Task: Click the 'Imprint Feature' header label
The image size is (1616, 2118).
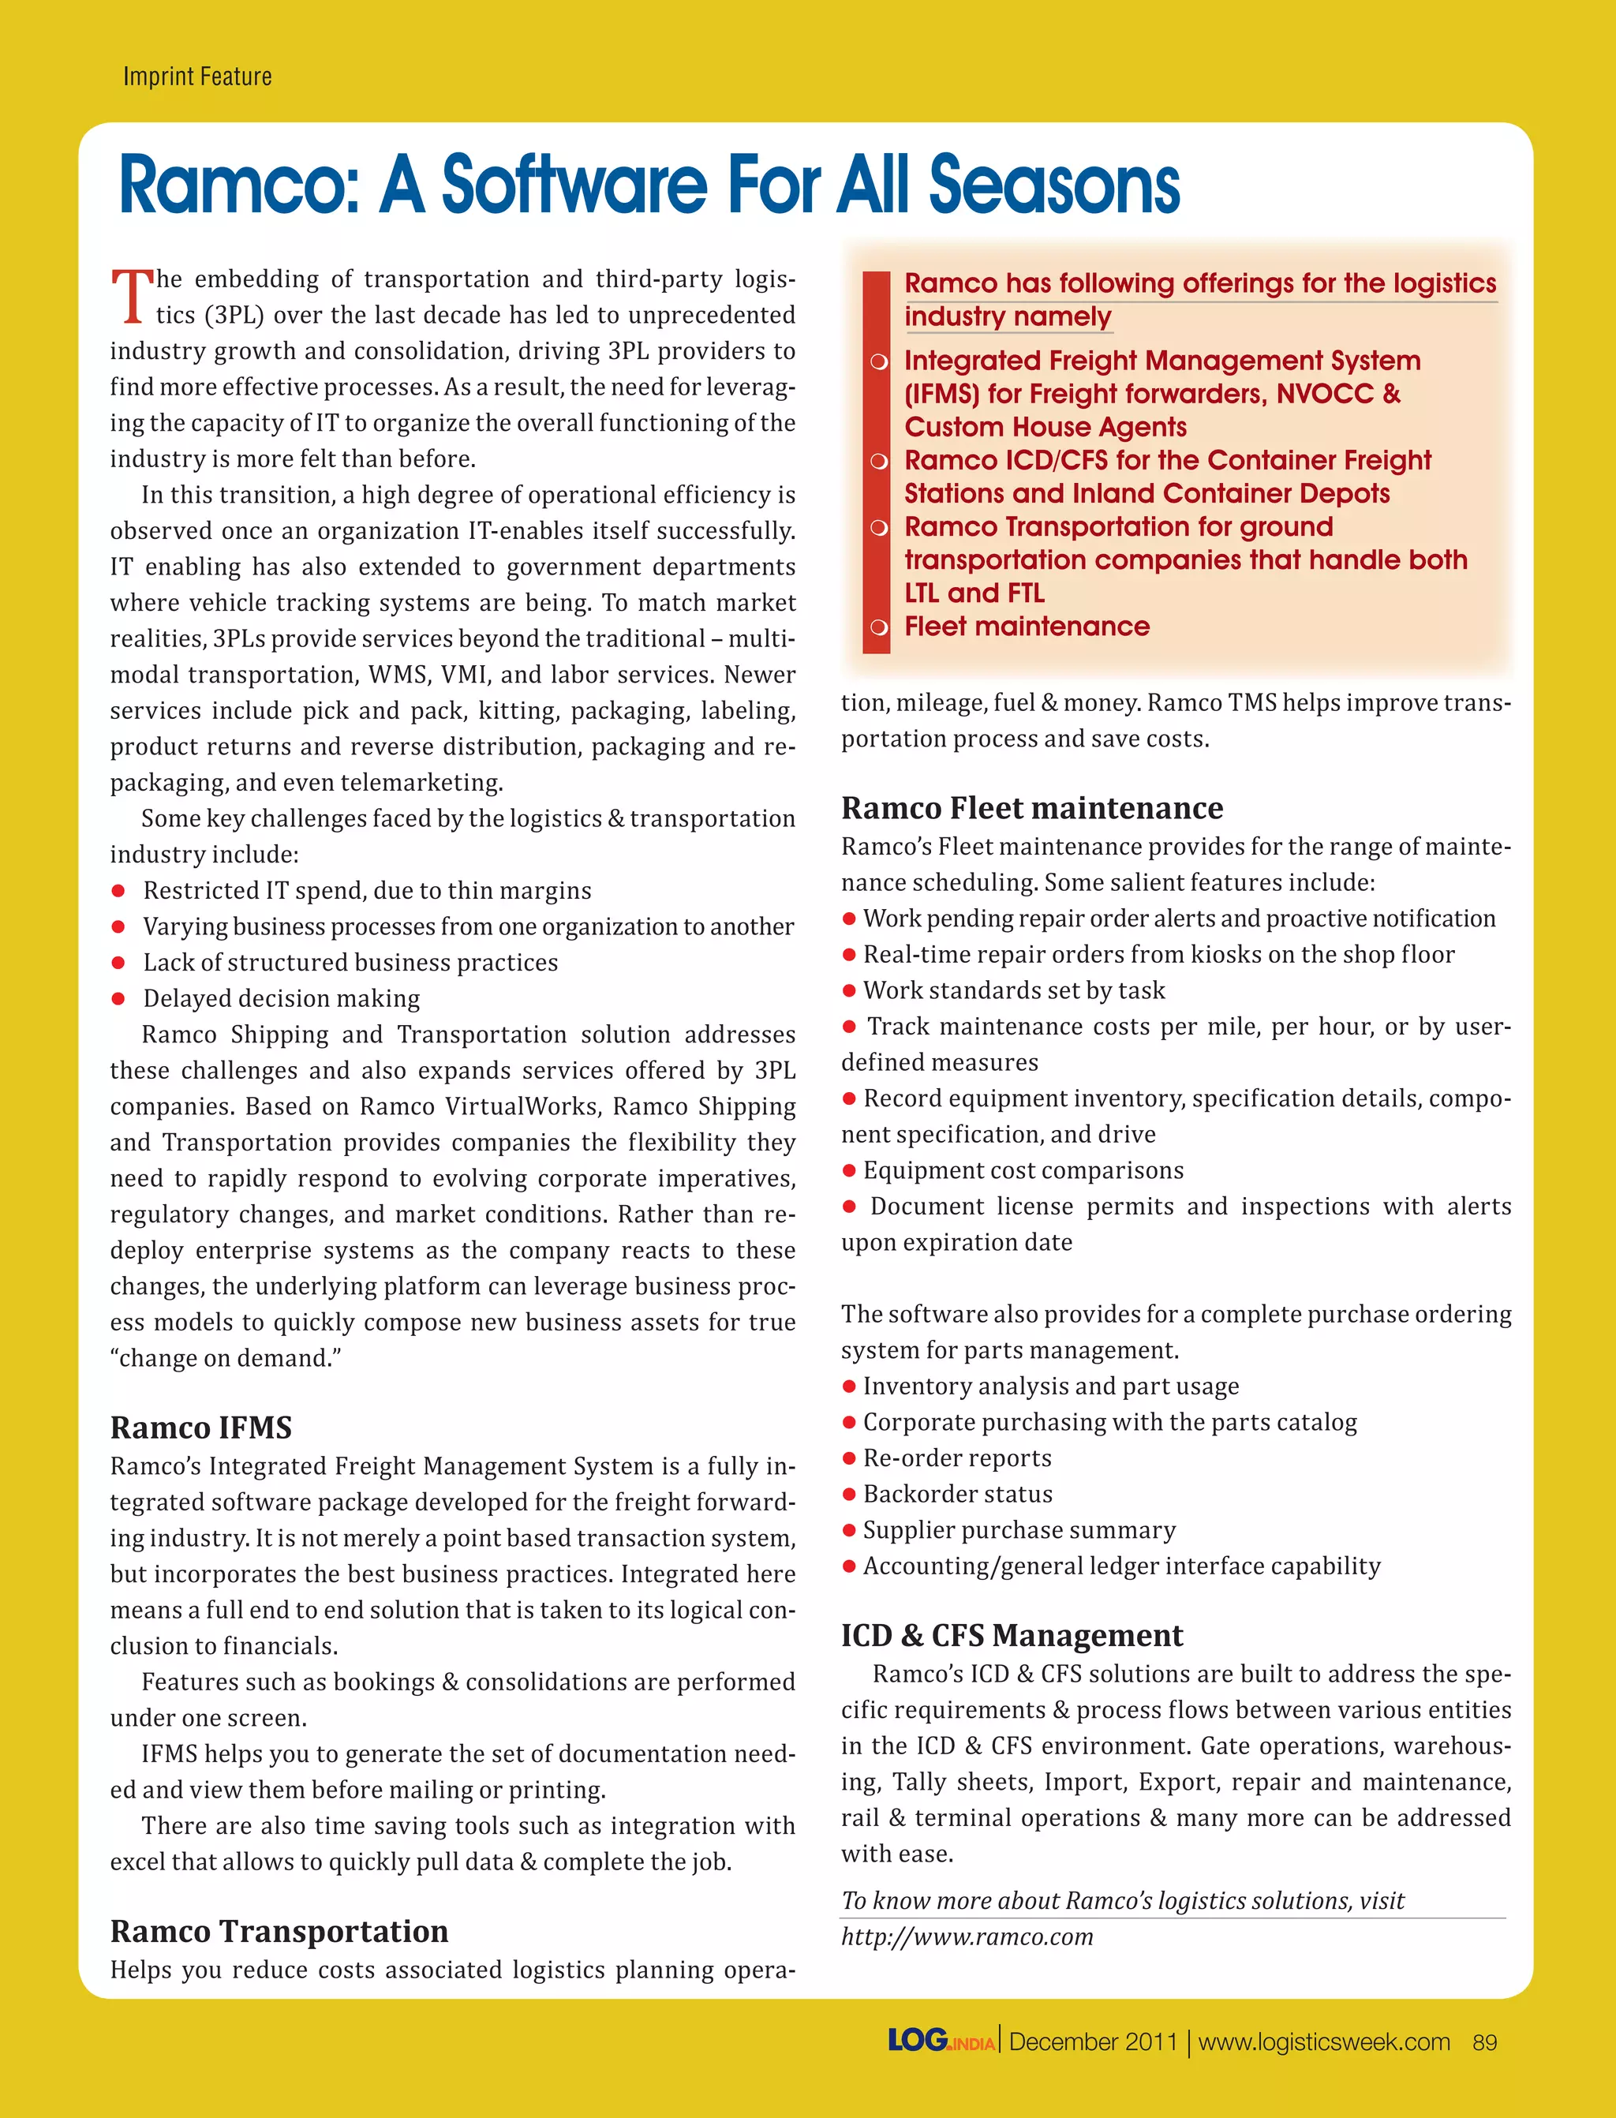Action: [x=197, y=77]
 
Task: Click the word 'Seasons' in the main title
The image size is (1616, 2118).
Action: [x=1053, y=185]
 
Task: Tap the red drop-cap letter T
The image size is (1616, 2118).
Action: [x=132, y=295]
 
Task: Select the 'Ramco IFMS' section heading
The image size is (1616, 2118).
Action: [x=201, y=1428]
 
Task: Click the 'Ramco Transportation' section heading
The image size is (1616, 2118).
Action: [x=279, y=1932]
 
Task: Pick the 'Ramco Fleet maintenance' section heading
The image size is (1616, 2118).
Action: [x=1032, y=808]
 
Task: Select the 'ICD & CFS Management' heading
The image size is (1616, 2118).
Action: [x=1012, y=1635]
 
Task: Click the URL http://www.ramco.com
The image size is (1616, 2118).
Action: [x=967, y=1937]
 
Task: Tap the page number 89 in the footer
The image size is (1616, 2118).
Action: [x=1484, y=2042]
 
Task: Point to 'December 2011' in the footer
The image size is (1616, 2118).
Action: [x=1093, y=2042]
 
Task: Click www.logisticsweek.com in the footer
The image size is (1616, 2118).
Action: [x=1323, y=2042]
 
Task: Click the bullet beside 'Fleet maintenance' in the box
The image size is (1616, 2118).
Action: [x=878, y=627]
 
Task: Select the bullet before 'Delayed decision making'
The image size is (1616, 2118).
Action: [x=118, y=998]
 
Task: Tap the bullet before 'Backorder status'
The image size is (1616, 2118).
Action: [x=849, y=1494]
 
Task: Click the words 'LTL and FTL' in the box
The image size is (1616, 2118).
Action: [x=974, y=593]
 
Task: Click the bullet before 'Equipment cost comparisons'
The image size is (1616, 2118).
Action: [x=849, y=1170]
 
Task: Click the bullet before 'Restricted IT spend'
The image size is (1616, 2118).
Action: [x=118, y=891]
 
